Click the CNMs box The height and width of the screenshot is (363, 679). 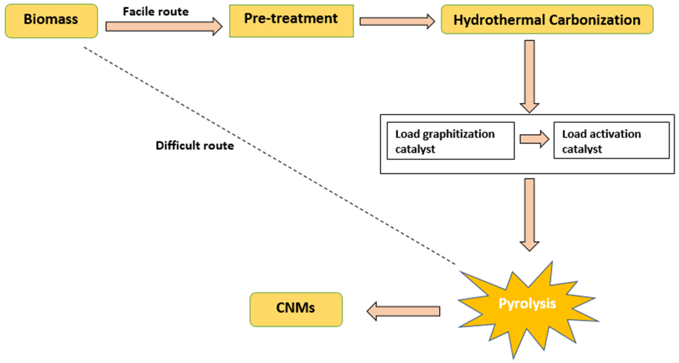pos(296,309)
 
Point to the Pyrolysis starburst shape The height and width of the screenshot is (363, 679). pos(527,309)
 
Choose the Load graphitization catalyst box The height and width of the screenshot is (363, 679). pos(450,141)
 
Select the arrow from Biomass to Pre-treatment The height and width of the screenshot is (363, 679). pos(163,26)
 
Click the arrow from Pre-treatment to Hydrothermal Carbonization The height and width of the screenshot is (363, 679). pos(397,21)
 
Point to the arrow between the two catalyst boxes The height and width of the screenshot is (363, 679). pos(534,139)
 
